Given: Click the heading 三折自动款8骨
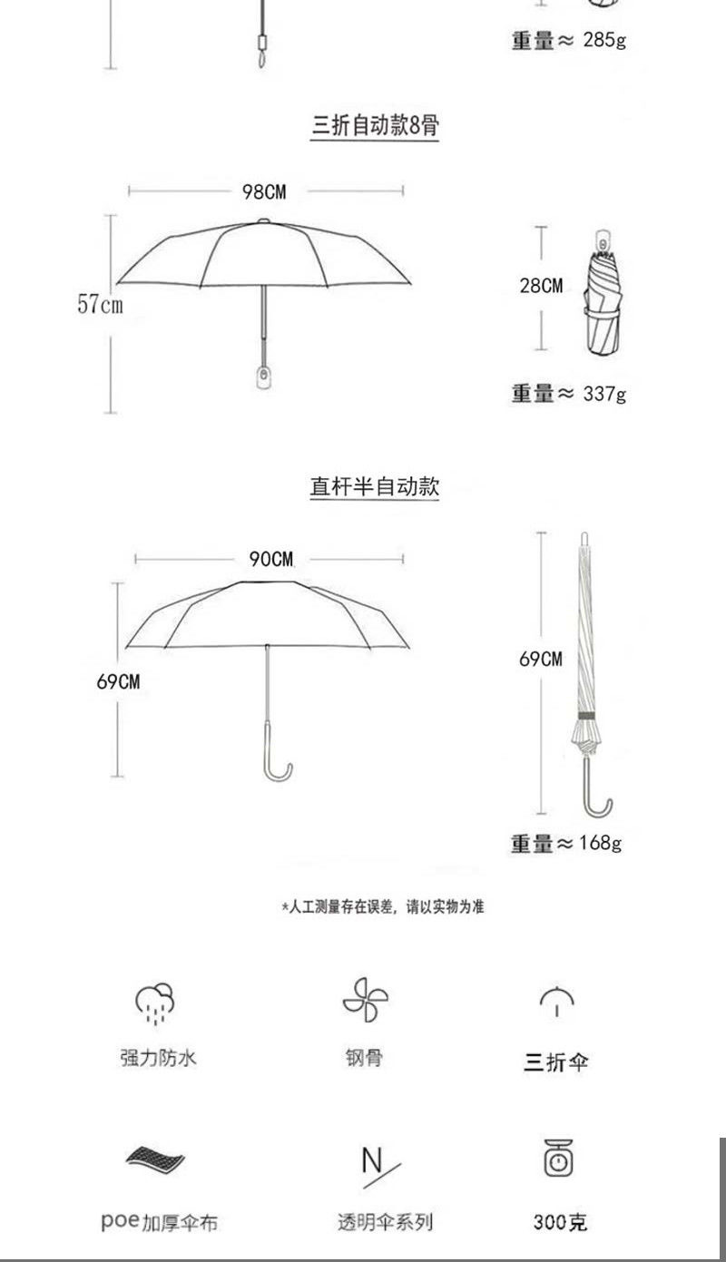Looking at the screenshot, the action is point(375,125).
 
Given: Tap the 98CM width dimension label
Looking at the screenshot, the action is point(263,191).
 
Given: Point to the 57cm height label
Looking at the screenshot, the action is point(100,304).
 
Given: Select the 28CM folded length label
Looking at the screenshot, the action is point(541,286).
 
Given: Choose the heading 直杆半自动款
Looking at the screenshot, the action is point(375,486).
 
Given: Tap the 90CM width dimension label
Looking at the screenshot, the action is point(271,559).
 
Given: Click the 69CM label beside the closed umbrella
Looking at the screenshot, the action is point(541,659).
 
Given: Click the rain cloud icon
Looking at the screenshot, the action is point(155,1001).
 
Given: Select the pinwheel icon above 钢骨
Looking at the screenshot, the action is point(365,1000).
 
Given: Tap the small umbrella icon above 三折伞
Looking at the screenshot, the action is point(556,1001).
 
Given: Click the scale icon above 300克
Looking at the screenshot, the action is point(559,1159).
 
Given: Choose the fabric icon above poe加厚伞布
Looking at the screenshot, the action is point(155,1159).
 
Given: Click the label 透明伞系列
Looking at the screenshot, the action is point(386,1222).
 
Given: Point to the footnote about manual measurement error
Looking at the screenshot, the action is point(382,906).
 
